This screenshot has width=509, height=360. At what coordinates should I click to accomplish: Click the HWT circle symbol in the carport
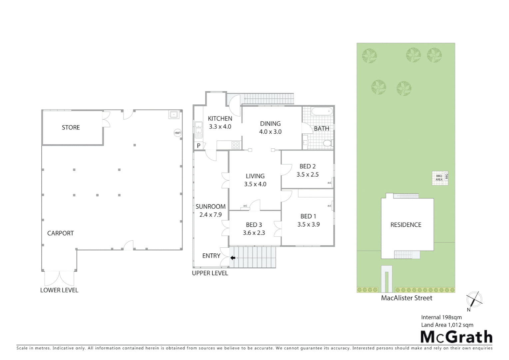178,133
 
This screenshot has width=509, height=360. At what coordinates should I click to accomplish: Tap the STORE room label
71,127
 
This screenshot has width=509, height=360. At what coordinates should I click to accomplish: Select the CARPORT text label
60,233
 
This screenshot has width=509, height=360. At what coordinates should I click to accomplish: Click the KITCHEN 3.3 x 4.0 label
220,122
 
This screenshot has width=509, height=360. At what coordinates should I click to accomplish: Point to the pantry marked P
199,146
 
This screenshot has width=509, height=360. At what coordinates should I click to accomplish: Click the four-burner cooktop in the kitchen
236,145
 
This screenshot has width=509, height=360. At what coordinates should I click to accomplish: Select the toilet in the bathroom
327,143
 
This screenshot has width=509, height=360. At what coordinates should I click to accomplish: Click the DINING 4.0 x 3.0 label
270,127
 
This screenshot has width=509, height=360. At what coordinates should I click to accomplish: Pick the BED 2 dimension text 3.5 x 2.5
307,174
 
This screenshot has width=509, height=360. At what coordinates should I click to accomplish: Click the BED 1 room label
308,216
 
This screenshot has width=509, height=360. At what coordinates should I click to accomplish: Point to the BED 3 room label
254,225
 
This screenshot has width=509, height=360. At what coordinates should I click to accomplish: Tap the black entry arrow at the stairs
233,258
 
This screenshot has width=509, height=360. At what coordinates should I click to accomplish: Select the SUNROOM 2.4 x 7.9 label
211,211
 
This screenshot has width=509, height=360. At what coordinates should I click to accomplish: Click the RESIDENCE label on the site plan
406,225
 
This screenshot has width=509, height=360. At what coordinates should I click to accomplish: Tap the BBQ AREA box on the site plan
439,178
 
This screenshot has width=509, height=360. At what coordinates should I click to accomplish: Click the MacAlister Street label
406,298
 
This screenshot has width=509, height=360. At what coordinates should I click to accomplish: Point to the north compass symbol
474,299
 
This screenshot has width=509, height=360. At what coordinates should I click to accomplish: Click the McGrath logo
456,337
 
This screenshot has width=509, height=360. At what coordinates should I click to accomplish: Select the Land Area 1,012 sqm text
447,325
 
